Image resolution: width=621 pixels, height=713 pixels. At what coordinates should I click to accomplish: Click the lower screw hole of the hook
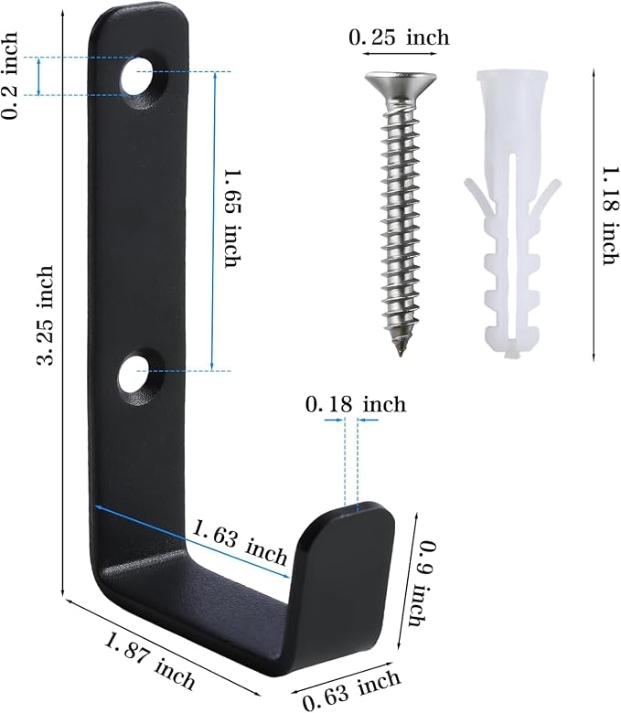[135, 375]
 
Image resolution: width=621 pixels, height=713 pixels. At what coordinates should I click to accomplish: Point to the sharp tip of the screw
[401, 354]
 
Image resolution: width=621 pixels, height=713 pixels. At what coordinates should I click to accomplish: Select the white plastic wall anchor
[512, 214]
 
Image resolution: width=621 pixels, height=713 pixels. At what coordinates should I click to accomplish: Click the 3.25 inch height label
[46, 315]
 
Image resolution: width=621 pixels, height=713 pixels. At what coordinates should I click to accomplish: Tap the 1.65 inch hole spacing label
[232, 218]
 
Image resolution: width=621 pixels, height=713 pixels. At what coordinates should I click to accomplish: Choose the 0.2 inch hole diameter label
[10, 75]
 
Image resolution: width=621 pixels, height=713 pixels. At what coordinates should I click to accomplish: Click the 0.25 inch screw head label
[399, 37]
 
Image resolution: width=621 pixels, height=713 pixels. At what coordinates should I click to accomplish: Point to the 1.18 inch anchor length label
[610, 216]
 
